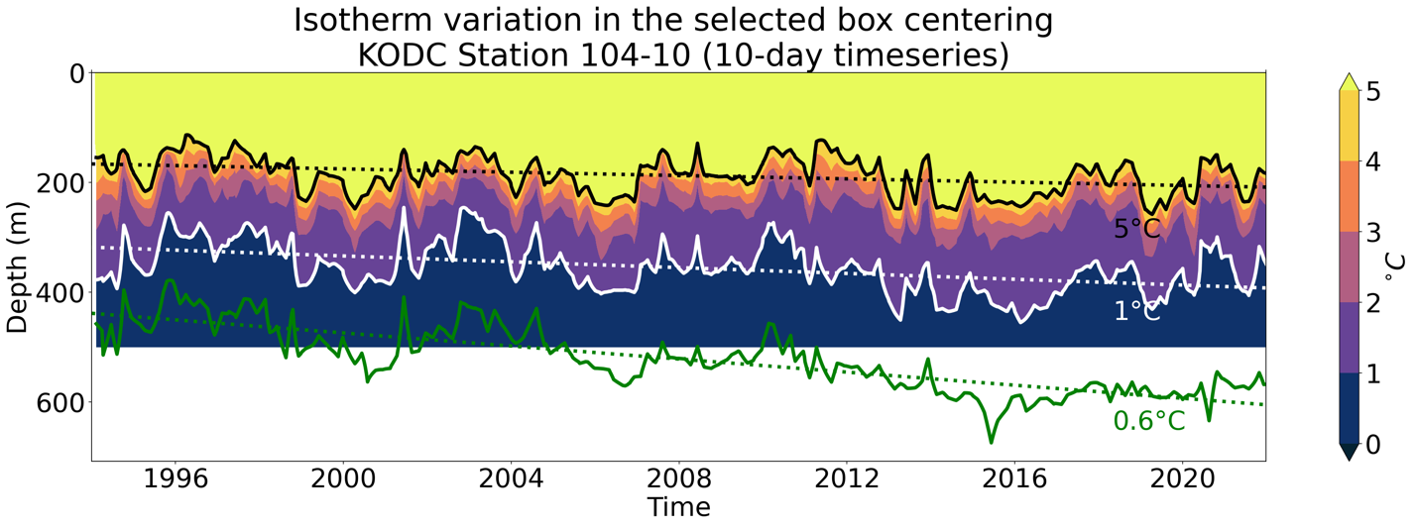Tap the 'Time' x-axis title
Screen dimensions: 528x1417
tap(679, 508)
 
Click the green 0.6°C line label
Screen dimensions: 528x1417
tap(1148, 421)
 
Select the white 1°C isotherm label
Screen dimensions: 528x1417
tap(1136, 311)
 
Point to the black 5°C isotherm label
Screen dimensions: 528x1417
tap(1136, 230)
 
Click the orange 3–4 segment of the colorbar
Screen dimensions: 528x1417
tap(1348, 197)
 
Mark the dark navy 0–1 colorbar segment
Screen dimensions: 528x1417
tap(1348, 407)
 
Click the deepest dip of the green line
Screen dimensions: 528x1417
tap(990, 442)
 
